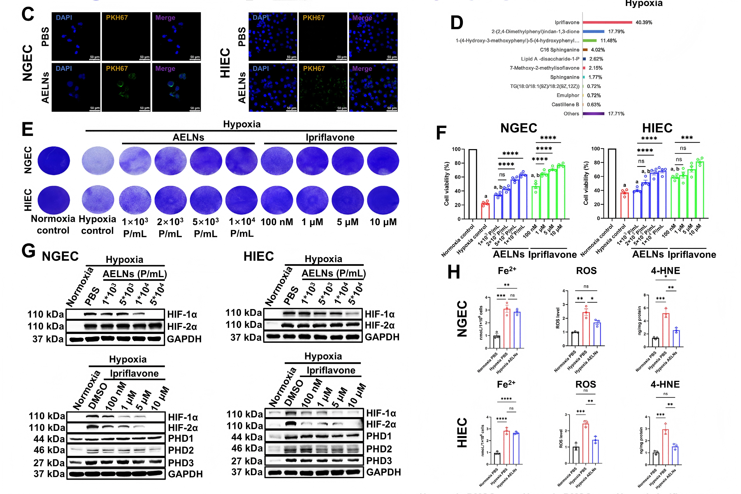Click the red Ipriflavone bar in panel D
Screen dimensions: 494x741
607,22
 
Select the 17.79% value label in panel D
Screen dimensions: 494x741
616,32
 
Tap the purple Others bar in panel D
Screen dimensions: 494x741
593,114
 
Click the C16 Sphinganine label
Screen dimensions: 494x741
559,50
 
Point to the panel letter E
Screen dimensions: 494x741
28,129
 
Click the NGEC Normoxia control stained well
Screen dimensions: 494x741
54,161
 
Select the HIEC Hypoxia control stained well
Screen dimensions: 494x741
98,200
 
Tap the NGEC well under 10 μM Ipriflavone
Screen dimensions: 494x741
383,161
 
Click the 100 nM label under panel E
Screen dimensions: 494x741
277,222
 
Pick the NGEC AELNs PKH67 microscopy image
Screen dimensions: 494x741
126,88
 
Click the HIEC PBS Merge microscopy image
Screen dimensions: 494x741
373,37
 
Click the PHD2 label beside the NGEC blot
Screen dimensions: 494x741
181,450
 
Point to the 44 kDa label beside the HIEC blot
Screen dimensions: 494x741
247,437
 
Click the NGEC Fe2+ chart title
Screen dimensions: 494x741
507,271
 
